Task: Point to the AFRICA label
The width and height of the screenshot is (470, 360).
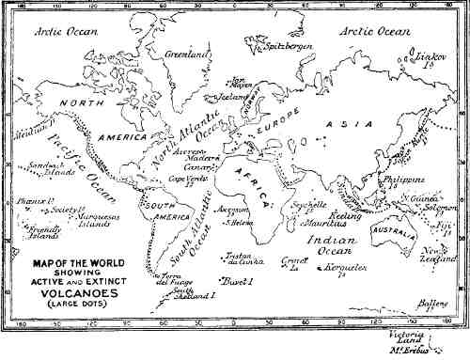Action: coord(265,189)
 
